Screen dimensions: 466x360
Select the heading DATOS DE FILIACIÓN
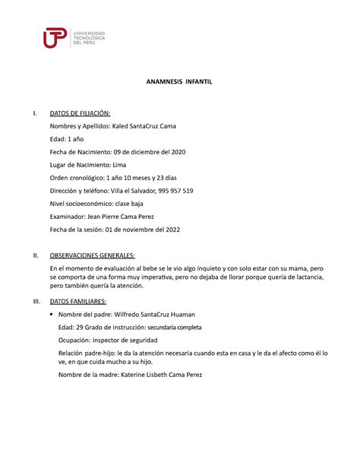point(81,113)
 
